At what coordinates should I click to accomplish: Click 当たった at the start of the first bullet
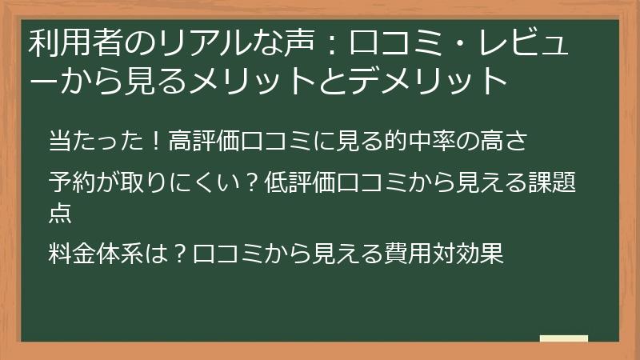click(97, 142)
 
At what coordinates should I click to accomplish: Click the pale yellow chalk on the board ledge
click(563, 338)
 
